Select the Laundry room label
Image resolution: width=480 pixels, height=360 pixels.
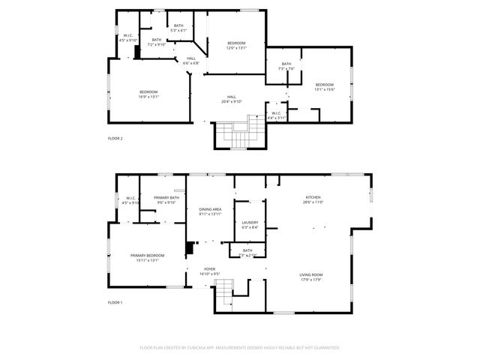(x=250, y=224)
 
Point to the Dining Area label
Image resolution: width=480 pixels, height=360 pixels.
(x=210, y=211)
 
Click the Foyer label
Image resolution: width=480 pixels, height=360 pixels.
(x=209, y=271)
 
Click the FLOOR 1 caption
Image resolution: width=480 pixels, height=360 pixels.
(x=115, y=302)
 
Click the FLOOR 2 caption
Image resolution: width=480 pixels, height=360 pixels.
(x=115, y=138)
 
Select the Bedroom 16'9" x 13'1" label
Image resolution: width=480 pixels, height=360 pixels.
(x=148, y=94)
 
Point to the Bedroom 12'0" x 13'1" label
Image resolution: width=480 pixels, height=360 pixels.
(x=236, y=45)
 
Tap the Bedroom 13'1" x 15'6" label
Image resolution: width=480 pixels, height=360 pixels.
(x=324, y=86)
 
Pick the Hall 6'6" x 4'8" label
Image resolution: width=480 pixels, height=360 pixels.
(x=192, y=61)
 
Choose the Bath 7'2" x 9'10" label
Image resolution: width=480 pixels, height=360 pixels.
(x=157, y=43)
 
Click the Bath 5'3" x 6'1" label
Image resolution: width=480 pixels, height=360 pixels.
(x=178, y=28)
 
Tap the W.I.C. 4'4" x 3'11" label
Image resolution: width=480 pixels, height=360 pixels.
(x=277, y=115)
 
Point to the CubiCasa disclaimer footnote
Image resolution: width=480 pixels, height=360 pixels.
(x=240, y=347)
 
